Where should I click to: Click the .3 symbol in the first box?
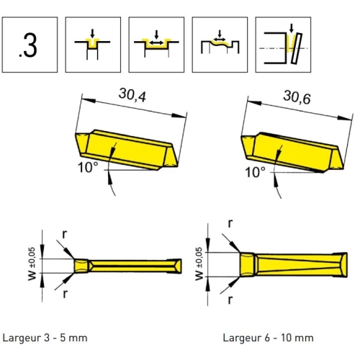coord(28,45)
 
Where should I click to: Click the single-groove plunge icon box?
coord(93,45)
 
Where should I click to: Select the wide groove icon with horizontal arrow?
coord(156,45)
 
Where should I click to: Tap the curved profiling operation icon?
coord(220,45)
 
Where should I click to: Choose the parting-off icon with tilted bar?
coord(283,45)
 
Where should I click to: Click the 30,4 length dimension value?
coord(132,95)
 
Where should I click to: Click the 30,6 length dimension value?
coord(297,97)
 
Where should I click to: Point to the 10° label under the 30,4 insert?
coord(88,167)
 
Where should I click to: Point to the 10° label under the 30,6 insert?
coord(255,172)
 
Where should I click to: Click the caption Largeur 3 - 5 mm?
coord(45,338)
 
